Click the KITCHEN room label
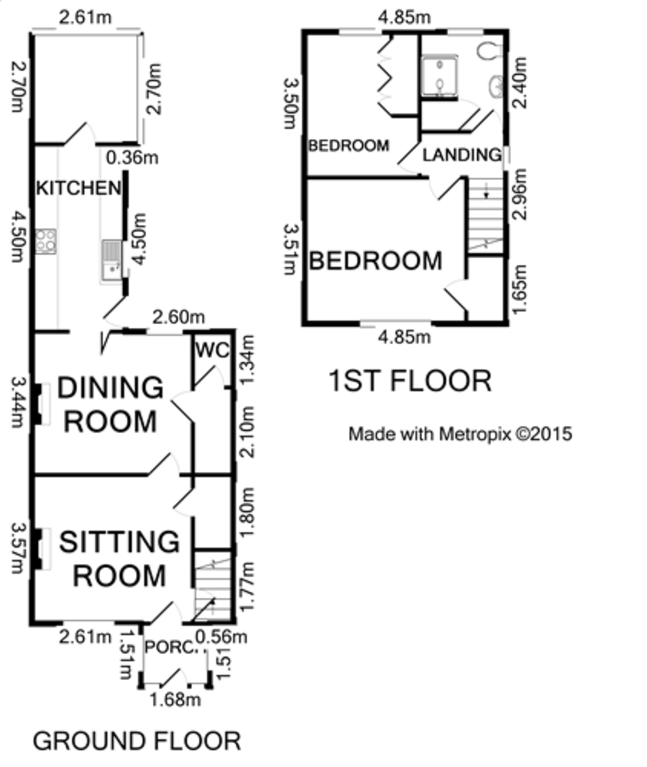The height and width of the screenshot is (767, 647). (79, 188)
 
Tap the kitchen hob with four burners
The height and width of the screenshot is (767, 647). (46, 242)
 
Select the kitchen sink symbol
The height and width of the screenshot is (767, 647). (112, 260)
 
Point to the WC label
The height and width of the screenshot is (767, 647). (213, 350)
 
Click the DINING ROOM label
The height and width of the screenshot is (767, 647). (110, 405)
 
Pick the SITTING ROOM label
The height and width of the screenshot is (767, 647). (119, 559)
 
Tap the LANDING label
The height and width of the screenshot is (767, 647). (462, 155)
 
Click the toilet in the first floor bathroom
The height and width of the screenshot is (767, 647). (489, 50)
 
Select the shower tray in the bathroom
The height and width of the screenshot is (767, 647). (439, 75)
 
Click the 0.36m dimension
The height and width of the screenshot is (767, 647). (132, 158)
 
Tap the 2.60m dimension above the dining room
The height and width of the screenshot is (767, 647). (178, 317)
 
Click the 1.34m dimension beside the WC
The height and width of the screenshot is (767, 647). (247, 360)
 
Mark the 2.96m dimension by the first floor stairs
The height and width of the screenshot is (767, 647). (519, 194)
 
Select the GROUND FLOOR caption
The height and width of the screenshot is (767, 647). (137, 741)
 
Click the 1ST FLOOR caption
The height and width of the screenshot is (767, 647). (410, 381)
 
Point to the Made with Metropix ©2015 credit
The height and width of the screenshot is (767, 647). (460, 434)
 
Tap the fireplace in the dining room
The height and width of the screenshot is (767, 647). (41, 405)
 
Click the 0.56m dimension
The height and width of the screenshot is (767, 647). (222, 637)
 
